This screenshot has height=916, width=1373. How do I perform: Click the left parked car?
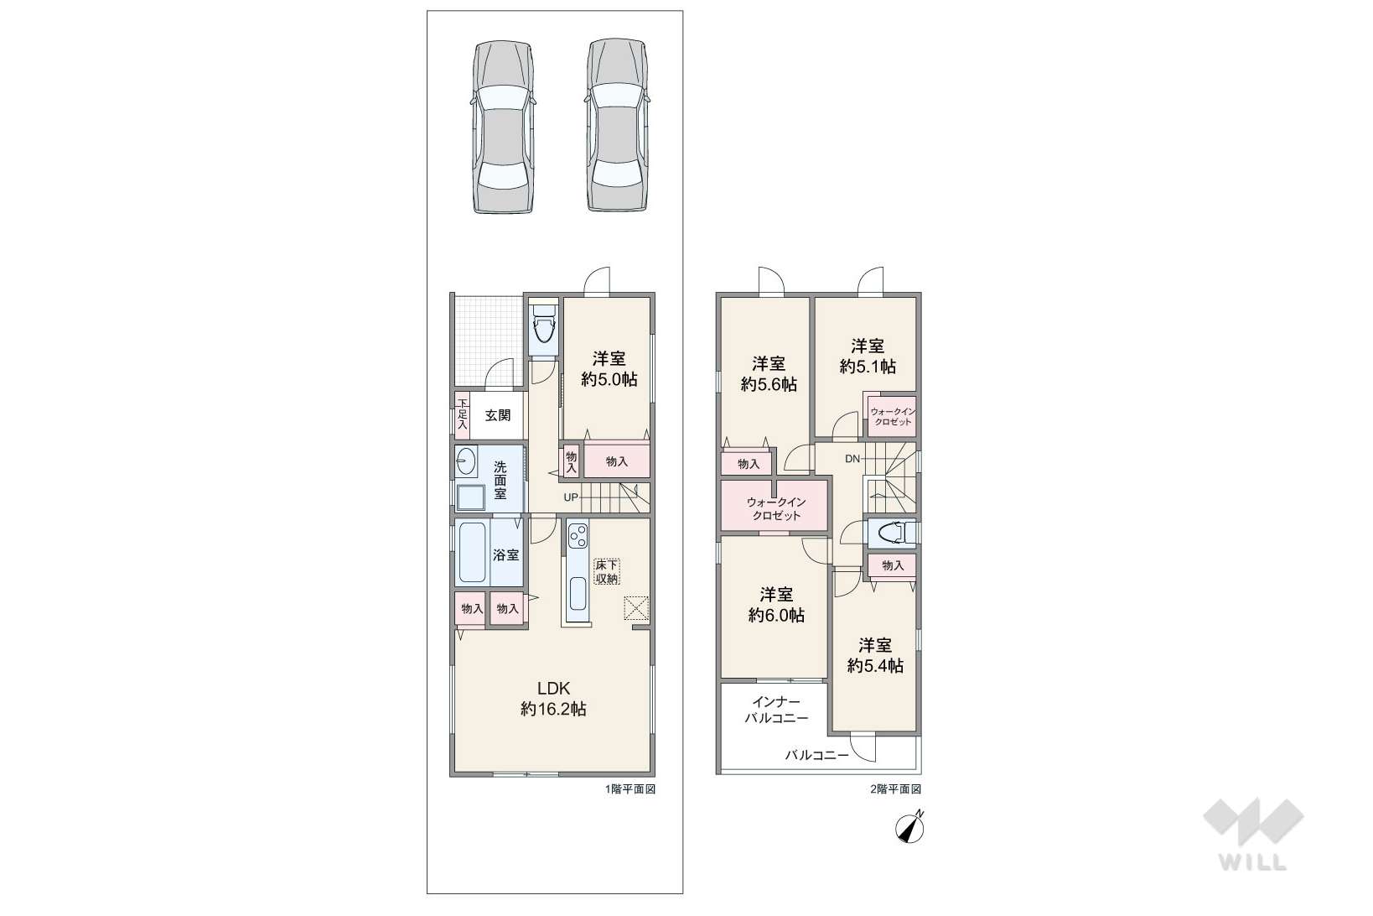(x=502, y=127)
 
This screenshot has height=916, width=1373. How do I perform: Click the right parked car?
(x=617, y=126)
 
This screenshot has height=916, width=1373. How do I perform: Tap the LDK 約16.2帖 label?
(x=553, y=698)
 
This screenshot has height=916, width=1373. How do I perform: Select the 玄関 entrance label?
(x=498, y=415)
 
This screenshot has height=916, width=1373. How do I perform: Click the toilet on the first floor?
(x=543, y=328)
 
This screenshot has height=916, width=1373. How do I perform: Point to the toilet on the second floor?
(x=892, y=533)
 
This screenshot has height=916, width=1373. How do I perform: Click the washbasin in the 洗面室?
(x=466, y=461)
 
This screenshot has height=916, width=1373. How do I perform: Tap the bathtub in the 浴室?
(x=473, y=554)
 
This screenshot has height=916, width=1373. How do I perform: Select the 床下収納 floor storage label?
(x=607, y=571)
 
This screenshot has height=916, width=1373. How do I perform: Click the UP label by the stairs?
(x=570, y=497)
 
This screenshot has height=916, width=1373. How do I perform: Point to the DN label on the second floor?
(x=852, y=458)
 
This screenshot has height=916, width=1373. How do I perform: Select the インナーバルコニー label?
(x=776, y=710)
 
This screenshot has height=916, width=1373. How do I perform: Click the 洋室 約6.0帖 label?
(x=776, y=604)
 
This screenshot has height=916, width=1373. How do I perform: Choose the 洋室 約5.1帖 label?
(x=868, y=356)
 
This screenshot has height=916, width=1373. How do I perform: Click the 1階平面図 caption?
(x=630, y=789)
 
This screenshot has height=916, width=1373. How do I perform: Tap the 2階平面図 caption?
(x=895, y=789)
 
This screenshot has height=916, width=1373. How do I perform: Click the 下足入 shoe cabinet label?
(x=462, y=414)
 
